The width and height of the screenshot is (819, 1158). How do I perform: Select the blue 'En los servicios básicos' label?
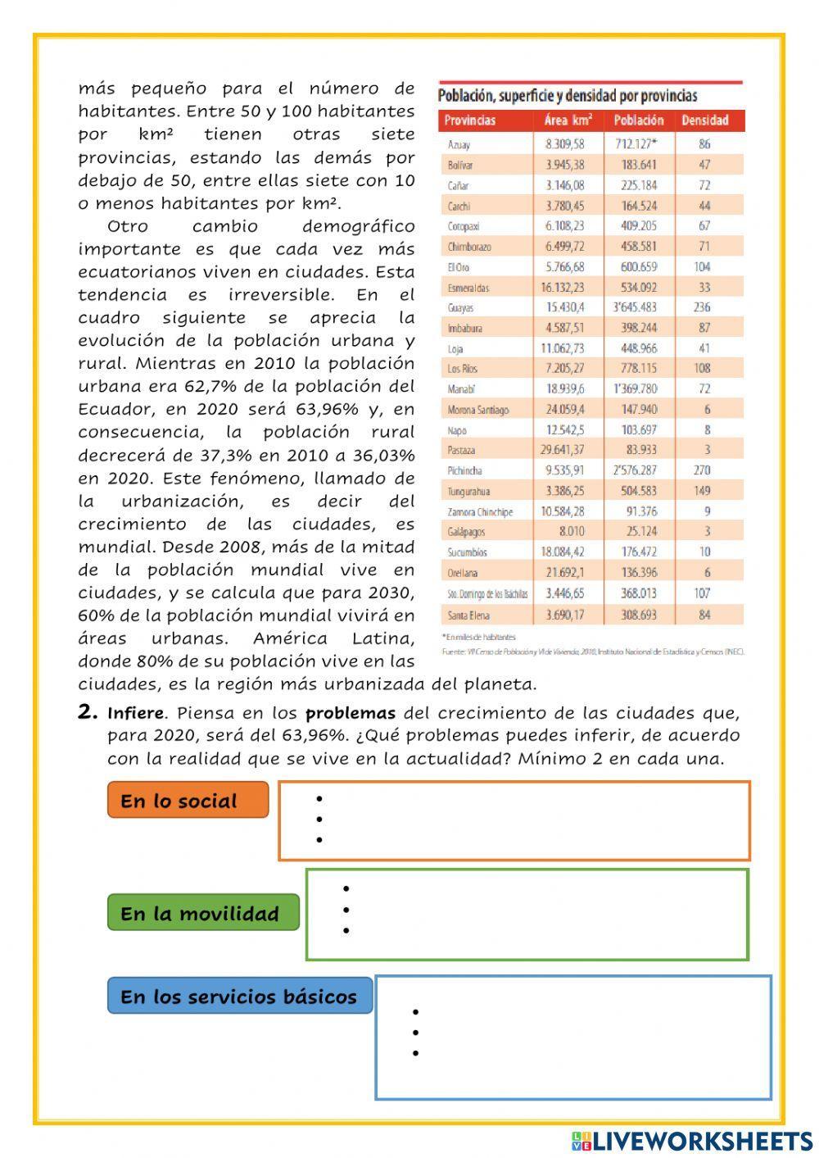(x=239, y=996)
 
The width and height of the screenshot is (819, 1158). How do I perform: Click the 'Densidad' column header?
(x=704, y=120)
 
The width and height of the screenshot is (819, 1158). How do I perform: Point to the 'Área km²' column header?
(x=568, y=120)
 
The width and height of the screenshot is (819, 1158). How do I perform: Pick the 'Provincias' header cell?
(x=470, y=120)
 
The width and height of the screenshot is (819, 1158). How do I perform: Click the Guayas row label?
(x=460, y=308)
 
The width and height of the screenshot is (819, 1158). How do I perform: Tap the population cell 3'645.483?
(x=636, y=307)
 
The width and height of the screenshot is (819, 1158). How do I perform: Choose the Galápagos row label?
(x=466, y=532)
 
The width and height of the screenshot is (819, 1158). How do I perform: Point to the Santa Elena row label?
(x=468, y=614)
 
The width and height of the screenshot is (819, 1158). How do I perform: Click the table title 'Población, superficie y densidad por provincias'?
(x=568, y=96)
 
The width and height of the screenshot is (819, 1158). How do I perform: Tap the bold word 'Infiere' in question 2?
(x=136, y=713)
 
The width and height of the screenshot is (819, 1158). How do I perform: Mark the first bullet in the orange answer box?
(x=319, y=798)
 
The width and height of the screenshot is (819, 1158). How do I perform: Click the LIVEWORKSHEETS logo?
(x=692, y=1141)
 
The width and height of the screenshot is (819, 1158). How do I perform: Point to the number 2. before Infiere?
(x=88, y=712)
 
